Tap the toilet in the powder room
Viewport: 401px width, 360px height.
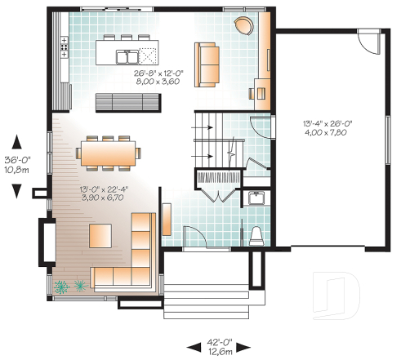point(255,235)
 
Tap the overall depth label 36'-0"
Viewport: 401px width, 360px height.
point(16,160)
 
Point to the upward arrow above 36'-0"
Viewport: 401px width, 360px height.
point(16,141)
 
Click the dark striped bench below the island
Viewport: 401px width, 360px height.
point(131,101)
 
